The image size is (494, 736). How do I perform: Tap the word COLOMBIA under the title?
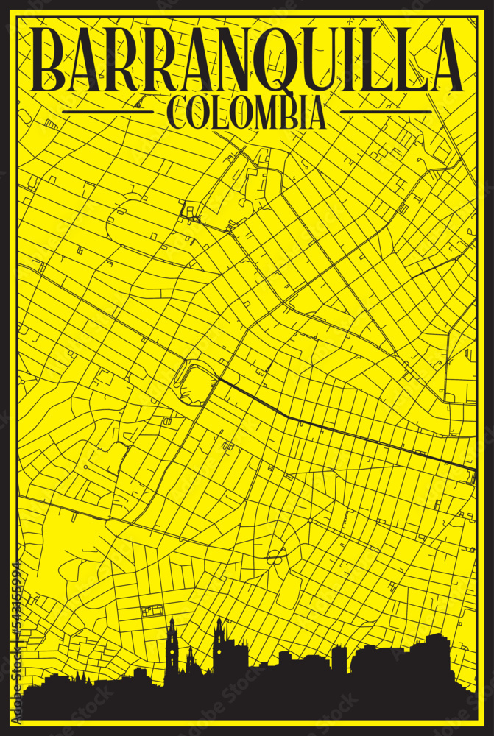point(247,113)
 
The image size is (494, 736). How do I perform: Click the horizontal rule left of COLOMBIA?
point(108,112)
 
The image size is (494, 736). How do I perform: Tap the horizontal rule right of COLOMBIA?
point(386,112)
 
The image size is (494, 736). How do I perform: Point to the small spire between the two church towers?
point(190,659)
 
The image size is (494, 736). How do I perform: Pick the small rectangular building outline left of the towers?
point(153,611)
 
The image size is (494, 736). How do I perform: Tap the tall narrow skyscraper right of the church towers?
point(339,659)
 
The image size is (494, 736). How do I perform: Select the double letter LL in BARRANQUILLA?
point(389,60)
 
